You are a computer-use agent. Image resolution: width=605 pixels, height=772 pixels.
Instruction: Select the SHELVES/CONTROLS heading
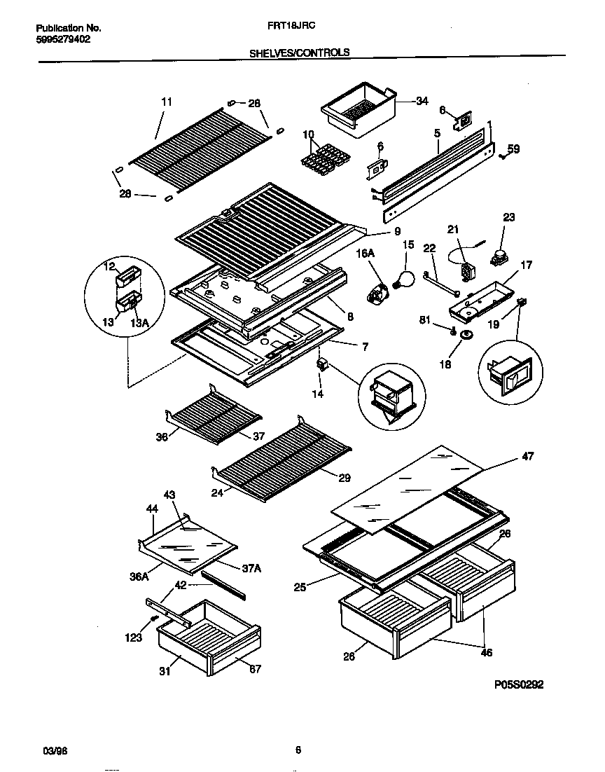tap(300, 52)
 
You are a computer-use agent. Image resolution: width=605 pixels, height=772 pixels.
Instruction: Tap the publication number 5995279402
tap(62, 39)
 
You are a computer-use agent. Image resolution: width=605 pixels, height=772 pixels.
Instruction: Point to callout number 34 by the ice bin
tap(422, 101)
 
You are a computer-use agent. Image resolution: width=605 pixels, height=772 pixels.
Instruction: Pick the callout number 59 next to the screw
tap(513, 149)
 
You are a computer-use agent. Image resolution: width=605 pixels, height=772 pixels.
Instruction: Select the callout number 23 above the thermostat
tap(508, 218)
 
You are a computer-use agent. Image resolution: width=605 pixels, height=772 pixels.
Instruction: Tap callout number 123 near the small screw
tap(133, 637)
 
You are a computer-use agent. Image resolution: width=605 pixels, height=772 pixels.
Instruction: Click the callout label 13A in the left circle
tap(140, 322)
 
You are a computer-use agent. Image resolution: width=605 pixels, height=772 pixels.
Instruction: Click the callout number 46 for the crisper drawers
tap(486, 652)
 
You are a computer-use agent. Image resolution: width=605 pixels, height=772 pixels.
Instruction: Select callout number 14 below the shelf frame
tap(318, 395)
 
